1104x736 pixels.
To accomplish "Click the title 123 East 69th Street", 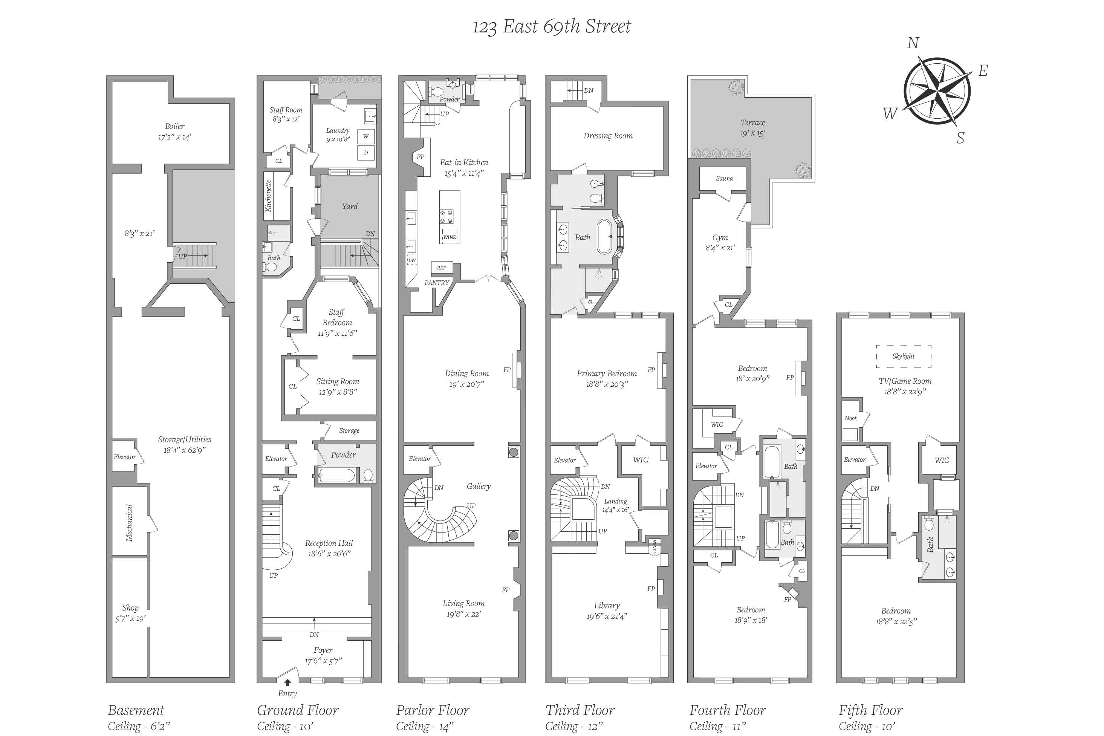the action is tap(551, 26).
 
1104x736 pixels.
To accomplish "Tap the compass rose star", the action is tap(937, 92).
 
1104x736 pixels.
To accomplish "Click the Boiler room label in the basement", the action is tap(174, 126).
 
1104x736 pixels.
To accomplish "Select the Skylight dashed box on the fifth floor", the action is tap(904, 356).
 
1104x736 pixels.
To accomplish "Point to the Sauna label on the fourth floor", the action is tap(724, 178).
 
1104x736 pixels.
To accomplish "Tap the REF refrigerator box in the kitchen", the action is tap(442, 268).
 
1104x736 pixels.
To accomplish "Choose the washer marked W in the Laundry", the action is tap(366, 136).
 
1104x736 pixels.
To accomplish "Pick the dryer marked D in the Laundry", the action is tap(366, 152).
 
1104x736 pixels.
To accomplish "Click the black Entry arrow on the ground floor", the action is tap(287, 683).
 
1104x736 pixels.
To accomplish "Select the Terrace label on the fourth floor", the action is tap(752, 122).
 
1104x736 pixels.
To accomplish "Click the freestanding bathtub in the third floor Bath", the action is tap(605, 237).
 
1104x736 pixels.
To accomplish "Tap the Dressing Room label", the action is tap(608, 136).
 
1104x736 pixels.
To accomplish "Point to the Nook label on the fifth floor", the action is tap(851, 418).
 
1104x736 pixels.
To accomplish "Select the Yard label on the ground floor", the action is tap(350, 206).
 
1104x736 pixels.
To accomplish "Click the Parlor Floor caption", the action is tap(433, 710).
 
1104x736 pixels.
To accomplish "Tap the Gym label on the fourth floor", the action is tap(720, 237).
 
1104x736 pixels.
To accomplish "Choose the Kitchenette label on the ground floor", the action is tap(268, 196).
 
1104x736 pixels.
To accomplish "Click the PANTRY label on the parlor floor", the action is tap(437, 283).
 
